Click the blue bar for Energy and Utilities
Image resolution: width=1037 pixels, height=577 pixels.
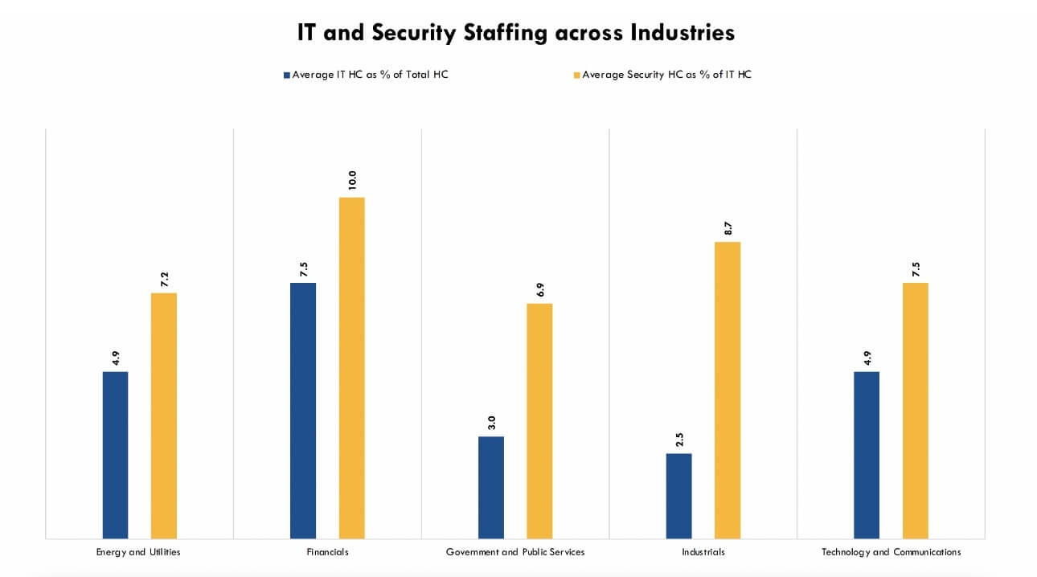coord(115,454)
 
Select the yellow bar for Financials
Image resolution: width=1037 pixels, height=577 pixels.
coord(351,367)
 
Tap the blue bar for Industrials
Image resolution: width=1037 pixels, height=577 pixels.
coord(678,495)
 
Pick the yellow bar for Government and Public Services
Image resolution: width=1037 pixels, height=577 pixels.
coord(539,420)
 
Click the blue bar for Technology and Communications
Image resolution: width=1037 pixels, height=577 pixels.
coord(867,454)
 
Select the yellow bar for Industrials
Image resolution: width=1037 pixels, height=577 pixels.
coord(728,390)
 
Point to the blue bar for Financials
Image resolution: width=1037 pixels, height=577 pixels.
coord(303,410)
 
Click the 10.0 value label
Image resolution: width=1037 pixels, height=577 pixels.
coord(351,179)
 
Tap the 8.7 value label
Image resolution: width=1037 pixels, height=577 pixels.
coord(728,227)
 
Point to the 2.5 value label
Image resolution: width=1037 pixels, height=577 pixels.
coord(678,440)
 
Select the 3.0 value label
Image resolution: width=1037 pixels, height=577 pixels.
coord(491,423)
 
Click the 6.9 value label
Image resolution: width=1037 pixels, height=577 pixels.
coord(539,289)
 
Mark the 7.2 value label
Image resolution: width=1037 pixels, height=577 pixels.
coord(164,279)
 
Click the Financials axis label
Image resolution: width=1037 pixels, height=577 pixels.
coord(327,552)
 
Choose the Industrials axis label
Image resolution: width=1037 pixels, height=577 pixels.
coord(703,552)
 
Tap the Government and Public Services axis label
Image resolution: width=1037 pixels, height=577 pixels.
coord(515,552)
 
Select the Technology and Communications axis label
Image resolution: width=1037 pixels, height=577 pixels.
coord(891,552)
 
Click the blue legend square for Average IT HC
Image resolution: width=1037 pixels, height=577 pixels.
coord(286,75)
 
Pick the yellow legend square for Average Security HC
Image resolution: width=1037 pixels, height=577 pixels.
coord(576,75)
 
